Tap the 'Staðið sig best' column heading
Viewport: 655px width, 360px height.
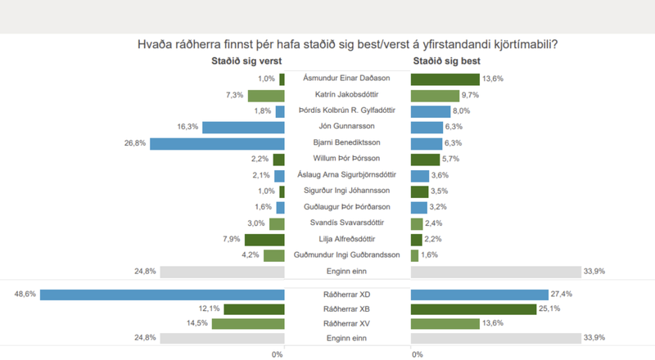pyautogui.click(x=447, y=61)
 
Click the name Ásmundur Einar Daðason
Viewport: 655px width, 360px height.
pyautogui.click(x=347, y=79)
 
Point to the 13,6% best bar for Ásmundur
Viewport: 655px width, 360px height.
pyautogui.click(x=445, y=79)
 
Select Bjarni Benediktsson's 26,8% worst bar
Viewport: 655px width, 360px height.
pyautogui.click(x=217, y=143)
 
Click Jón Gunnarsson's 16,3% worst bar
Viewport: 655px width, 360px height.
pyautogui.click(x=243, y=127)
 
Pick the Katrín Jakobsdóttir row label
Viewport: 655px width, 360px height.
pyautogui.click(x=347, y=95)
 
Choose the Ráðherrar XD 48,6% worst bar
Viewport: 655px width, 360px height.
pyautogui.click(x=162, y=295)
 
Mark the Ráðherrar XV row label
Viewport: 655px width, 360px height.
pyautogui.click(x=347, y=324)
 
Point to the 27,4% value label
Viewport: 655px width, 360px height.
pyautogui.click(x=562, y=295)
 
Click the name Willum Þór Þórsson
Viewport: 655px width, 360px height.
pyautogui.click(x=347, y=159)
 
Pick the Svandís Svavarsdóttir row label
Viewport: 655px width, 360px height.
pyautogui.click(x=347, y=223)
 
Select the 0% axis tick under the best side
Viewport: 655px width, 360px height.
pyautogui.click(x=418, y=353)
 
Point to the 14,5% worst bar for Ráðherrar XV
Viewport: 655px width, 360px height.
pyautogui.click(x=248, y=324)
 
